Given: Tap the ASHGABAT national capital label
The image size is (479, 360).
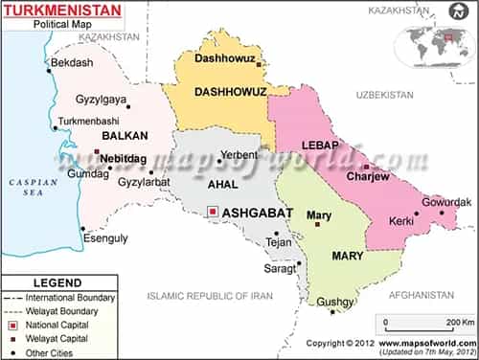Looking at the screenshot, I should click(257, 213).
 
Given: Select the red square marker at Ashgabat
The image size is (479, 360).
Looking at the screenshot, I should click(212, 212).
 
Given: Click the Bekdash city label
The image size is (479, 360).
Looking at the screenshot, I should click(72, 62).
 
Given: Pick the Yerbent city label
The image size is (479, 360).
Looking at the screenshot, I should click(239, 154).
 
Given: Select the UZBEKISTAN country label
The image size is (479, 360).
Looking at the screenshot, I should click(384, 95).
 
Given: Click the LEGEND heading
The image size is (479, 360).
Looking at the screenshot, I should click(58, 283).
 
